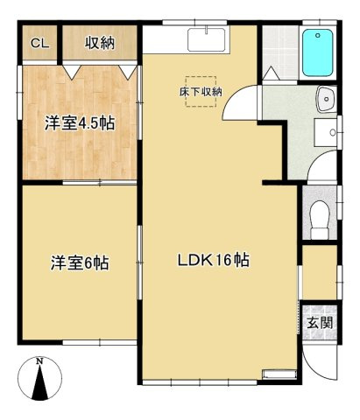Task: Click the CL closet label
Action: coord(39,43)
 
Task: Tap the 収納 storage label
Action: coord(100,43)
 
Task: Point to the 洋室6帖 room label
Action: coord(79,262)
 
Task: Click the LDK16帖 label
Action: coord(215,260)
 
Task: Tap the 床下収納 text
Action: coord(201,91)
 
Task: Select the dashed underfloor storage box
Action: coord(202,94)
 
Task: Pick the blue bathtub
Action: coord(317,55)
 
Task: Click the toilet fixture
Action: coord(320,213)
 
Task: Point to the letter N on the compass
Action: coord(39,360)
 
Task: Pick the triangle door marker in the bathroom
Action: coord(272,75)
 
